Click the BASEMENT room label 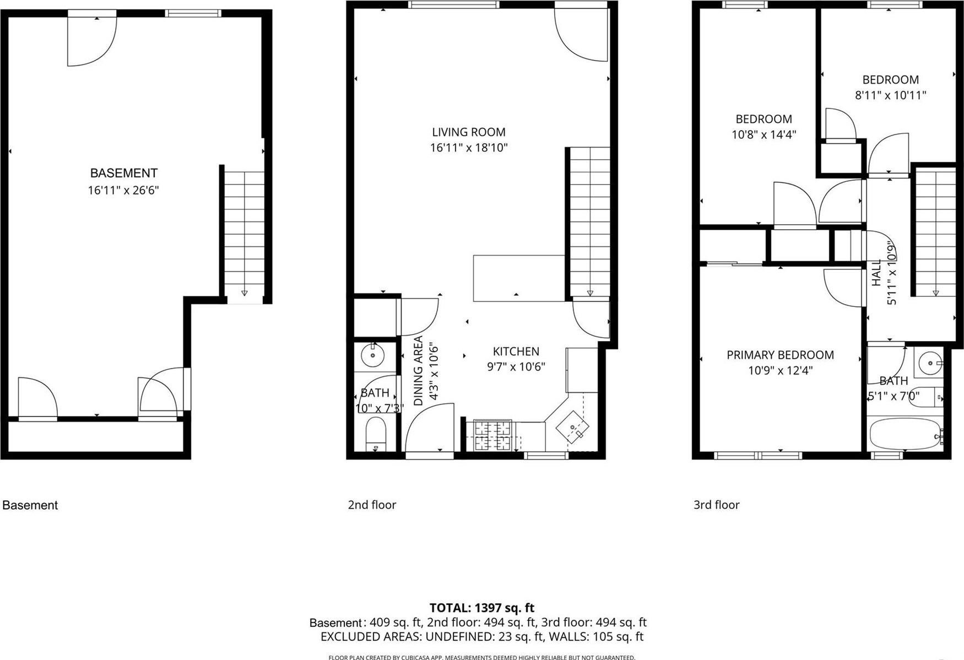click(x=123, y=173)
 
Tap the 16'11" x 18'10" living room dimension click(x=468, y=148)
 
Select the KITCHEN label click(x=516, y=351)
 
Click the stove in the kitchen click(x=493, y=435)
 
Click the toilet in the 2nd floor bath click(x=376, y=434)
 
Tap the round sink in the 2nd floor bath click(x=373, y=355)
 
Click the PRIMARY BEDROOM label click(x=780, y=355)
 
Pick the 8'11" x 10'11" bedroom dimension click(x=890, y=95)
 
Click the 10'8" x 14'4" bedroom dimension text click(x=763, y=134)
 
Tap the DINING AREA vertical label click(x=418, y=371)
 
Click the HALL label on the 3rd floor click(x=876, y=273)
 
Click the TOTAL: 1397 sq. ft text click(x=481, y=608)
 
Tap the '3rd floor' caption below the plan click(x=716, y=505)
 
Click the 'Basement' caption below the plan click(x=30, y=505)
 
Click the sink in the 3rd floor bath click(x=930, y=363)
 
